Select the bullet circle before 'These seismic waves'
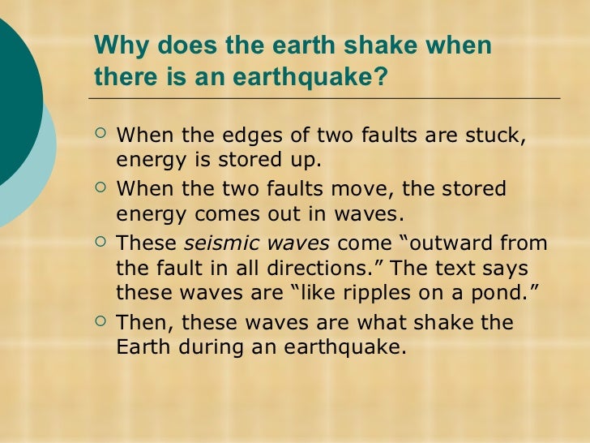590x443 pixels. (x=100, y=242)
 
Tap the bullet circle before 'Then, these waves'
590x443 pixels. (x=100, y=321)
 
